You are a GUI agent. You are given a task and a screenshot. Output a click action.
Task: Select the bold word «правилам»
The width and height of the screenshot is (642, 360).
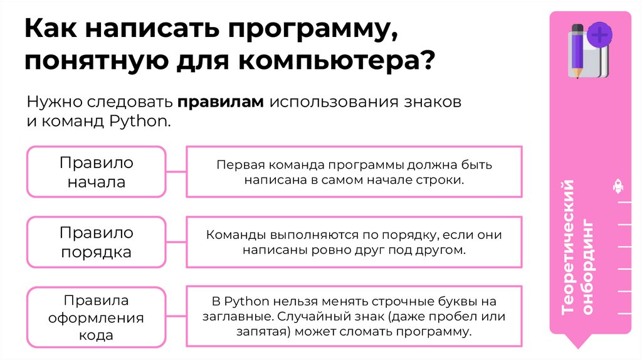(x=220, y=102)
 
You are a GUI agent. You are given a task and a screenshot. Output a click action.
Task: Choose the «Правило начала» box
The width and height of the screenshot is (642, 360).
(x=97, y=172)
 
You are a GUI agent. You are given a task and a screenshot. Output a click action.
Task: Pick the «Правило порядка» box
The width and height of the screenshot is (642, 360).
(x=97, y=243)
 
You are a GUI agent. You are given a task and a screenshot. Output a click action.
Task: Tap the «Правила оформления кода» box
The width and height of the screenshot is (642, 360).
(x=97, y=317)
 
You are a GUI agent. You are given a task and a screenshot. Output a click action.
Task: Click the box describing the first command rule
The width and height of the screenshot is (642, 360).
(x=354, y=172)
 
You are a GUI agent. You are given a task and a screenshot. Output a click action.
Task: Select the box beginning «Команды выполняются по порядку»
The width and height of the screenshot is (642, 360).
(x=354, y=243)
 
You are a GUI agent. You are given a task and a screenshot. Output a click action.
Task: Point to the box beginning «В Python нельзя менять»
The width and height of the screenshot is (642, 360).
(x=354, y=316)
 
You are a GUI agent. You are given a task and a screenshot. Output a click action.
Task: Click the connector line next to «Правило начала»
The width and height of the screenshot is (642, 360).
(x=176, y=172)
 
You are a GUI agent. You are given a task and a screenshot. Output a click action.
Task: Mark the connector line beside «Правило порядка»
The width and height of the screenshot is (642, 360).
(x=176, y=243)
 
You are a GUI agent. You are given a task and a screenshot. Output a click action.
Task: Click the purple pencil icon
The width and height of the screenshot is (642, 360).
(x=576, y=50)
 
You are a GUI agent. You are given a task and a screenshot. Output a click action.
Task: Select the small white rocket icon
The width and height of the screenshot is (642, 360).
(x=618, y=187)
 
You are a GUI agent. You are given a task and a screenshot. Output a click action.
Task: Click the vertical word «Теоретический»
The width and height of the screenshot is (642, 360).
(x=568, y=247)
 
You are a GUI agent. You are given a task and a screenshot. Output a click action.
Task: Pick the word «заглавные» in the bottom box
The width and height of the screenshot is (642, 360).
(x=236, y=316)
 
